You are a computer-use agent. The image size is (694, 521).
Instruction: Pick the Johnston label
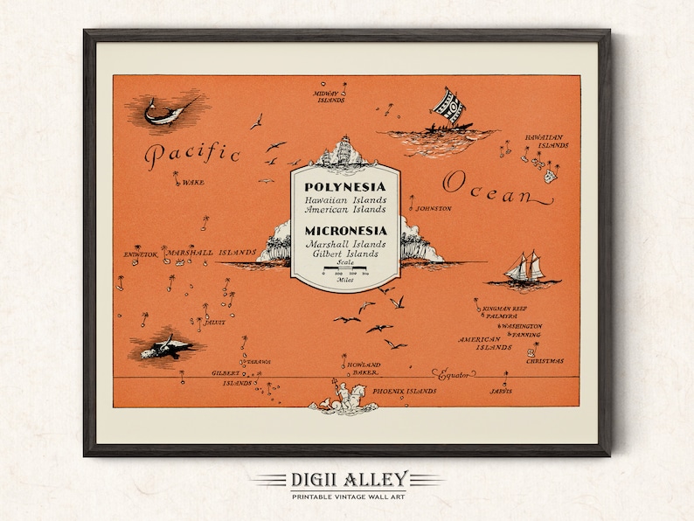click(x=434, y=209)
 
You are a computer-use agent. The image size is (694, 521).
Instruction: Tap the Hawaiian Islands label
click(x=542, y=141)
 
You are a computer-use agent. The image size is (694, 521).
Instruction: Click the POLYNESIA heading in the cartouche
click(x=345, y=186)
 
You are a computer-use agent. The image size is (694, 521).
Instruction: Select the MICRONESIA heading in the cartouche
click(x=346, y=230)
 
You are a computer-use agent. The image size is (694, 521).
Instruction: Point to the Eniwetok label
click(x=140, y=254)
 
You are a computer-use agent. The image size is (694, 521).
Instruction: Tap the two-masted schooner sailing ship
click(x=522, y=269)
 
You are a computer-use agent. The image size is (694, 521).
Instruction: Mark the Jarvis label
click(x=499, y=389)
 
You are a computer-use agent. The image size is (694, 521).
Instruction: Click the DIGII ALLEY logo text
click(x=347, y=479)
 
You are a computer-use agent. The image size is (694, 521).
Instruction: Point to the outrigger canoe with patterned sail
click(x=446, y=115)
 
